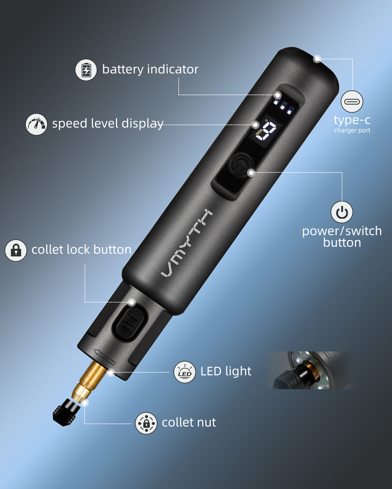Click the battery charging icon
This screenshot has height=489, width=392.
click(x=86, y=70)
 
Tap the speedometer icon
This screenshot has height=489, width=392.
click(x=36, y=124)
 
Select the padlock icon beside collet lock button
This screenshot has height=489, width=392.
click(x=16, y=250)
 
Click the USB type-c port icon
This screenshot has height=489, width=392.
click(x=352, y=101)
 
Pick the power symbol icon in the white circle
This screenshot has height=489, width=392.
click(x=342, y=212)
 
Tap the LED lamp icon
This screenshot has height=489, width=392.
click(x=185, y=372)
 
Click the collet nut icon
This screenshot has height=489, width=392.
click(x=146, y=423)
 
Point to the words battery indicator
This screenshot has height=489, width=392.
click(x=150, y=69)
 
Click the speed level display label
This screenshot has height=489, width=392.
click(x=108, y=124)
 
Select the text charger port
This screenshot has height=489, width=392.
click(x=352, y=130)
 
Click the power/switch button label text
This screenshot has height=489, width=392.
click(x=342, y=237)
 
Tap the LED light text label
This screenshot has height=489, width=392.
click(x=226, y=371)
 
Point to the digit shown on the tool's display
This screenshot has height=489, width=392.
click(x=266, y=130)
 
